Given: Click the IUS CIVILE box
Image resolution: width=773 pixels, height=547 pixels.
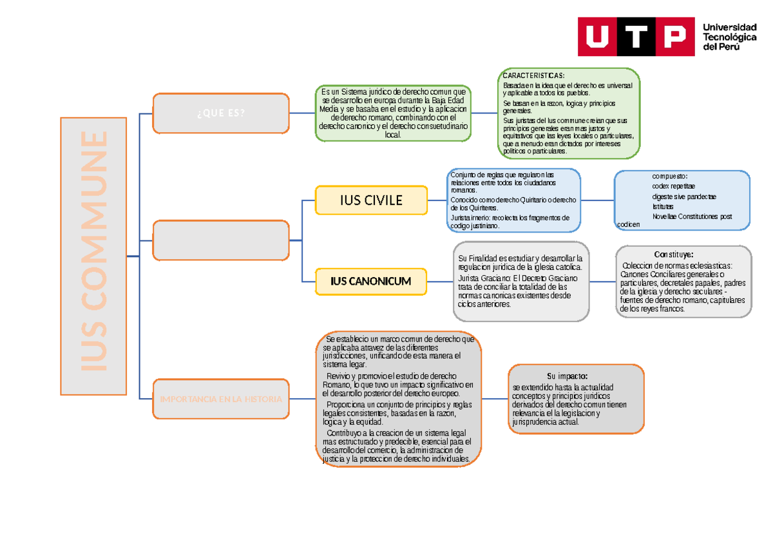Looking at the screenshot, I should (x=371, y=200).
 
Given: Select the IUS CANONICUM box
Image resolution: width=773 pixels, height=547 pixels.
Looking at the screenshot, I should (x=371, y=282).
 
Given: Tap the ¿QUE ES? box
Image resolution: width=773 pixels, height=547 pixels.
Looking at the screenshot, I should (x=220, y=113).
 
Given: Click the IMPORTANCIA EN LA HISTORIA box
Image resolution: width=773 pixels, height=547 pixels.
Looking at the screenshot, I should (x=220, y=399).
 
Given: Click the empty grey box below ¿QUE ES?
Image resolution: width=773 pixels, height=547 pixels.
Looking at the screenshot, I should (x=220, y=240).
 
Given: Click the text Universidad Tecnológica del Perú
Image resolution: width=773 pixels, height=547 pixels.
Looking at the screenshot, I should (x=729, y=37).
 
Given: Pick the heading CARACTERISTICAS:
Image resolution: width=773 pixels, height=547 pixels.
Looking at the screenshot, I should (x=533, y=76).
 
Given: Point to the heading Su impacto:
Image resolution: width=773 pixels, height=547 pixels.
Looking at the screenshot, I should (x=567, y=376).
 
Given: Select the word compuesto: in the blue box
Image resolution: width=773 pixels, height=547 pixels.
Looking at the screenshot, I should (x=669, y=177).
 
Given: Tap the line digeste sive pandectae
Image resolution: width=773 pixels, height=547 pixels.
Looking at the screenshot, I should (x=683, y=197).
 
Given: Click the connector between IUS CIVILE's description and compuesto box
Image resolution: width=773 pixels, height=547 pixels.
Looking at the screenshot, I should (x=597, y=200).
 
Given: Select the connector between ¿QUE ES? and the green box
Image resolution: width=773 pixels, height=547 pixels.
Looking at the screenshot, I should (x=301, y=113).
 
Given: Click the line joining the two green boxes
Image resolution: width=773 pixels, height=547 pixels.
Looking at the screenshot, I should (x=484, y=113).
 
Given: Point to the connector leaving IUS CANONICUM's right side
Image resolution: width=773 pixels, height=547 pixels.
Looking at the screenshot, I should (x=441, y=282).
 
